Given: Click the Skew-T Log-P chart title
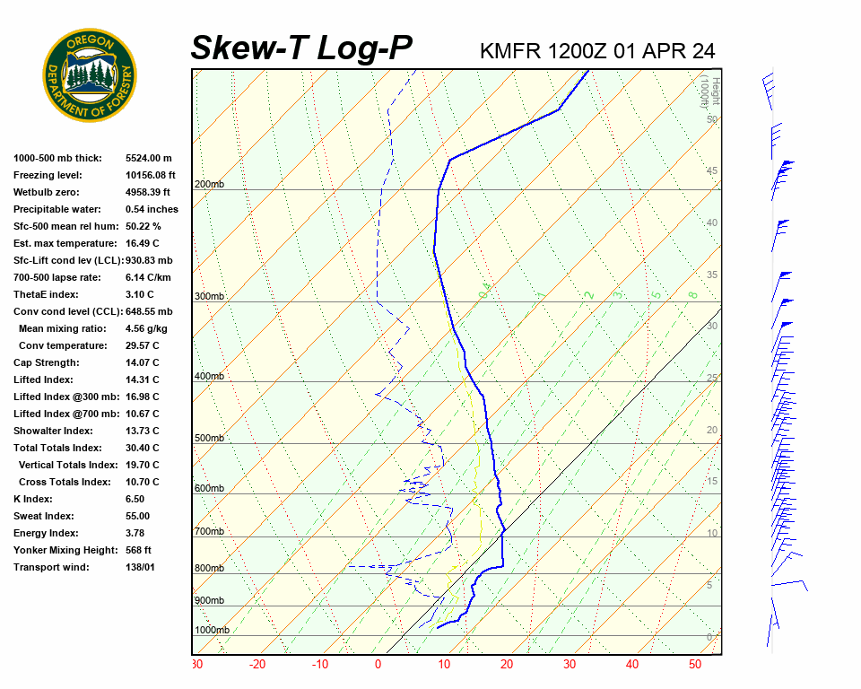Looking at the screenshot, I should (301, 48).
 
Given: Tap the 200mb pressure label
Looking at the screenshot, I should (209, 185).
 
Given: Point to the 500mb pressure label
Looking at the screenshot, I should (209, 439).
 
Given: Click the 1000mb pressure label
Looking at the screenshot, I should (212, 631).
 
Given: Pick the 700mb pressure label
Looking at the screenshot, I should (209, 532).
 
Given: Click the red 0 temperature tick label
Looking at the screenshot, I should (378, 665).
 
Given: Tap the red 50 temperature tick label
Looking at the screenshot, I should (695, 665).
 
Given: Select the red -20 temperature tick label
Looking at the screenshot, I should (257, 665).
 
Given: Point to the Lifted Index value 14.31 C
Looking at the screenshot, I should (143, 379).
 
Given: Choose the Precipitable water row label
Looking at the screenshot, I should (59, 209).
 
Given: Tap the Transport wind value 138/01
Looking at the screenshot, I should (143, 567).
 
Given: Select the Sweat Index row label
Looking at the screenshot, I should (44, 516).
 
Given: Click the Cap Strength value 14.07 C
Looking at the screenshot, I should (143, 362).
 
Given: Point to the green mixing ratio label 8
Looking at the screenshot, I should (693, 294).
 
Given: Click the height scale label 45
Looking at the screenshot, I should (712, 171).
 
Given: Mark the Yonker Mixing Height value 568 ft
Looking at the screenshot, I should (139, 550).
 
